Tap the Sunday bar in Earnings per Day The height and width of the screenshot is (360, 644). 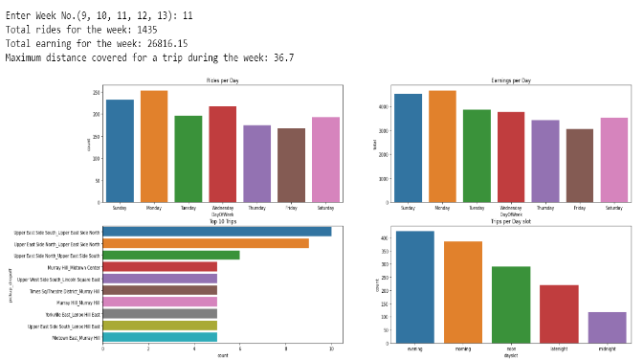(x=408, y=148)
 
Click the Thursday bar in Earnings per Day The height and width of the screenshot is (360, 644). (x=545, y=161)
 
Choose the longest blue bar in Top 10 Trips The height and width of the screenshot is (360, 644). (x=216, y=232)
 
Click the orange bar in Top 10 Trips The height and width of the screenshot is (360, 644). (x=205, y=243)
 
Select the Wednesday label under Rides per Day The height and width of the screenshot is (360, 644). (x=222, y=208)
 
